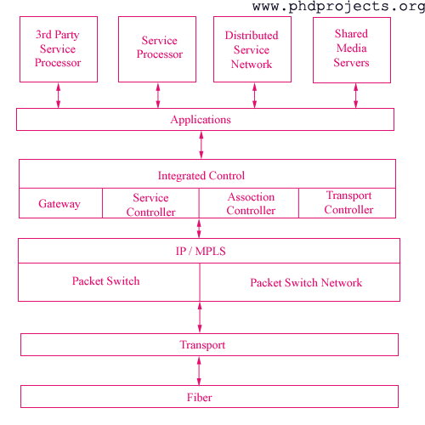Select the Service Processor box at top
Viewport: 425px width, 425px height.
click(159, 48)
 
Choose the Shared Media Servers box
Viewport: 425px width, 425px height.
click(352, 48)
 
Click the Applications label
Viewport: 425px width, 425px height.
click(201, 120)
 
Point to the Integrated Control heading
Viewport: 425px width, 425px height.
click(201, 176)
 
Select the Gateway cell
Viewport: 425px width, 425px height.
click(59, 204)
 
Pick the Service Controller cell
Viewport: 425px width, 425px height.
click(150, 205)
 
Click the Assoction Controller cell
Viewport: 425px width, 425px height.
click(250, 204)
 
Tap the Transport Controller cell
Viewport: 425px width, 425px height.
click(348, 203)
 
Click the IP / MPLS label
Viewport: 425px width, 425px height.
click(201, 252)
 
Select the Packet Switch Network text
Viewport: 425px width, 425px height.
click(306, 283)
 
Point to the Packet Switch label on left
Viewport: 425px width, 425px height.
click(105, 281)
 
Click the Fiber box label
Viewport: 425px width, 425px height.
click(200, 397)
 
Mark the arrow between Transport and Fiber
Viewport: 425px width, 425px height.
click(200, 371)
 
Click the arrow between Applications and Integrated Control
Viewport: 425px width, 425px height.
click(201, 145)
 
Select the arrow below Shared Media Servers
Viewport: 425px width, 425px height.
click(356, 95)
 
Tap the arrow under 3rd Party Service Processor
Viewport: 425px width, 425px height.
click(58, 95)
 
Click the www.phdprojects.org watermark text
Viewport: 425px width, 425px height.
click(337, 7)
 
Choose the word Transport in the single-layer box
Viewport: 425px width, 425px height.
click(202, 345)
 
